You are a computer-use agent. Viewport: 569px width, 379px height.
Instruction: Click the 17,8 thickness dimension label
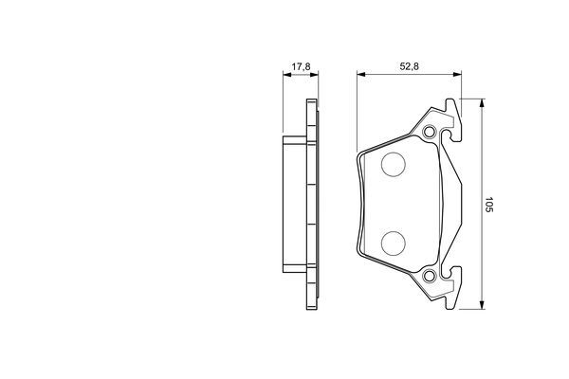(301, 66)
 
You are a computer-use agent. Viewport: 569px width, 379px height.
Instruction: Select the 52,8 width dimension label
(410, 66)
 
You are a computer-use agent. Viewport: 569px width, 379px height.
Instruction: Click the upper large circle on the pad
(393, 166)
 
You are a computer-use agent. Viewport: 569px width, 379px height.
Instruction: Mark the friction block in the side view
(293, 204)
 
